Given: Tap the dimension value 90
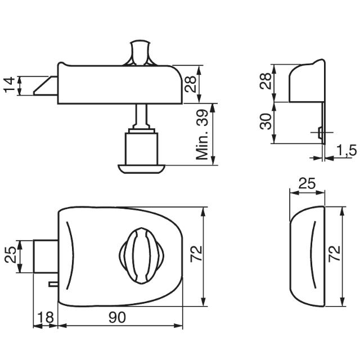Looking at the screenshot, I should coord(118,317).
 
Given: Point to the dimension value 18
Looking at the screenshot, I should coord(46,317).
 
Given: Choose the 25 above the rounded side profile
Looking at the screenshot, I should coord(306,183).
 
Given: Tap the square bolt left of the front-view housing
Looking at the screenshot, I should coord(45,256).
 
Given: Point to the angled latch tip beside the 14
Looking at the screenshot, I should coord(44,85).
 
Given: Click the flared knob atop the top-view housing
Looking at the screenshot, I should coord(140,52).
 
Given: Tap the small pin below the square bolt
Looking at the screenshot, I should coord(53,283).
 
